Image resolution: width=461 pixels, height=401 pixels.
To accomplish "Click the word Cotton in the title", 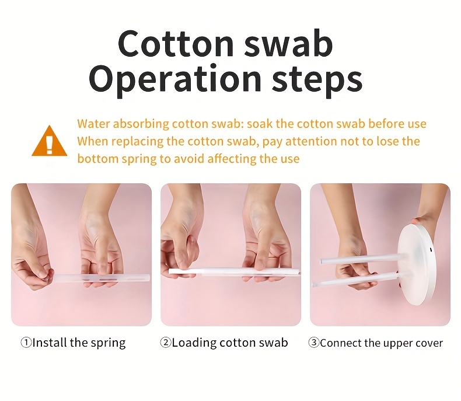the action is [176, 44].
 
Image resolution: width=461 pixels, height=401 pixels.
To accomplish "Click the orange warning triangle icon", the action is [50, 141].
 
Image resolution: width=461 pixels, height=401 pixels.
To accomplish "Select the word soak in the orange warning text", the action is [260, 124].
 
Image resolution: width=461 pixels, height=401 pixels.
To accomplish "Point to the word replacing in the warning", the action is [138, 142].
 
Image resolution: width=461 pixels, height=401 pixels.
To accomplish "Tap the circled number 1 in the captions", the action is [26, 342].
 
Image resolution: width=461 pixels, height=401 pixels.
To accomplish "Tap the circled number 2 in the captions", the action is [166, 342].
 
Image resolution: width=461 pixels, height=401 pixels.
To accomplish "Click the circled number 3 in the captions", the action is [314, 342].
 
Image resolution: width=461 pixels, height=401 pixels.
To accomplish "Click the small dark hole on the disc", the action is [431, 250].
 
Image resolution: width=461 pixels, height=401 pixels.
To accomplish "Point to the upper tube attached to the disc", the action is [362, 259].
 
